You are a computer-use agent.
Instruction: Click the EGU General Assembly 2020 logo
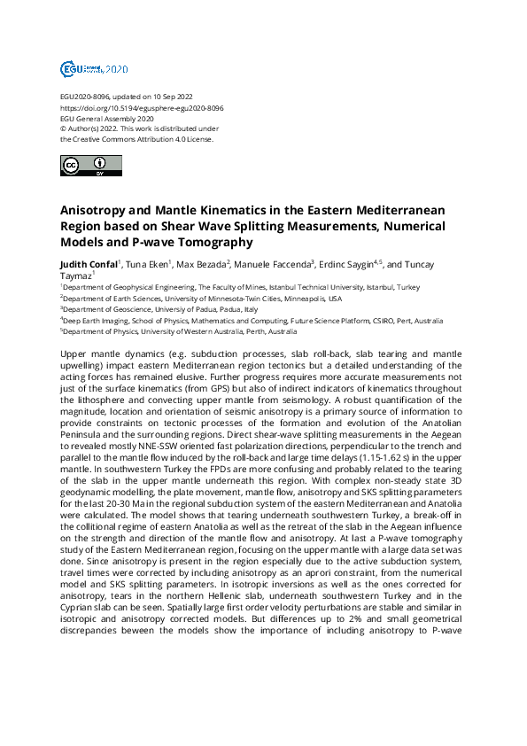(94, 68)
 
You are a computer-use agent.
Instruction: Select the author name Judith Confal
(90, 264)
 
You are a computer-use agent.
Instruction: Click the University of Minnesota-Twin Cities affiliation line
(212, 299)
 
